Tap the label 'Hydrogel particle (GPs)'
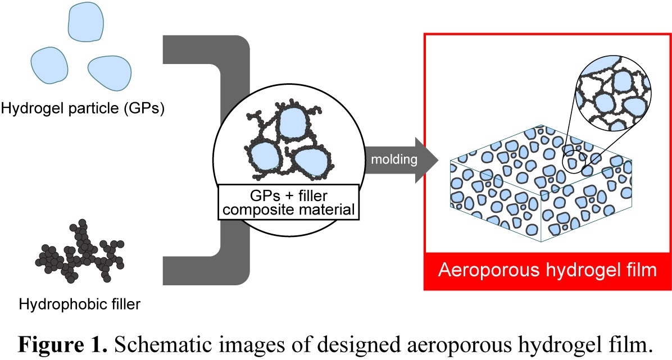(83, 108)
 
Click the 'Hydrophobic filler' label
(80, 305)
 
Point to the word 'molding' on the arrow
(393, 160)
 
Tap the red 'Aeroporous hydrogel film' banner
(547, 271)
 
